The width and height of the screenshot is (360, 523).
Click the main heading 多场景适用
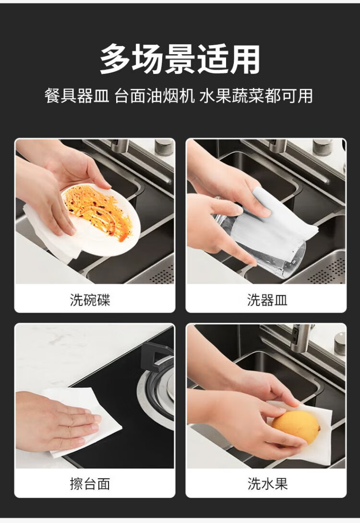pos(180,59)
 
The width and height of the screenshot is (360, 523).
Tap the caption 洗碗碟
pos(90,300)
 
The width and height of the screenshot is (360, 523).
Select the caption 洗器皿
pos(267,300)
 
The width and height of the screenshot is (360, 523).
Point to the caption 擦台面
pos(90,484)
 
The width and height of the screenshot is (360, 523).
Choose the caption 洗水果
pos(267,484)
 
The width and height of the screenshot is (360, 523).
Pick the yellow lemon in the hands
pos(295,427)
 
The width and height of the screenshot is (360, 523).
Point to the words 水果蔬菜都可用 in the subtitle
pos(256,96)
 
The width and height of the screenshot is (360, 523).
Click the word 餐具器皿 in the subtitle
pos(77,96)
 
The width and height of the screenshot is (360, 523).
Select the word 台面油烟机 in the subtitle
pos(155,96)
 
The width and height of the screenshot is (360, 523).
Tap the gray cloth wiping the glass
pos(273,217)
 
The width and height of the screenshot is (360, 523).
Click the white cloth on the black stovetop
pos(84,424)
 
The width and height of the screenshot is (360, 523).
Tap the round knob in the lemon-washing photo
pos(340,343)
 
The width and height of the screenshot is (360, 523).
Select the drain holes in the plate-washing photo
pos(162,274)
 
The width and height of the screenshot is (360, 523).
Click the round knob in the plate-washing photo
pos(164,147)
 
